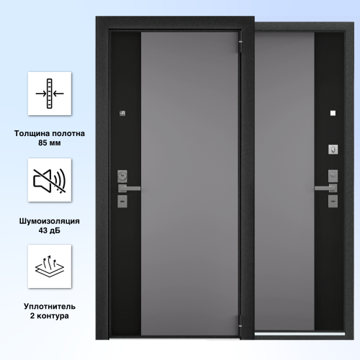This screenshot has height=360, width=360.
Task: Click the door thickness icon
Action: pyautogui.click(x=50, y=94)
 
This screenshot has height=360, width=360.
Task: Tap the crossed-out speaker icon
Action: pyautogui.click(x=50, y=181)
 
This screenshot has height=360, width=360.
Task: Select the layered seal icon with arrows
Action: pyautogui.click(x=50, y=266)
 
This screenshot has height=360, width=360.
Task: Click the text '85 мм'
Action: pyautogui.click(x=50, y=143)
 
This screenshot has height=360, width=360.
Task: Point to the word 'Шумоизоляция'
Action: pyautogui.click(x=50, y=221)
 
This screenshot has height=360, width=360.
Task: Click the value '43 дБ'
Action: pyautogui.click(x=50, y=230)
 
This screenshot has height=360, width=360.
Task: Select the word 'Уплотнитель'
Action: pyautogui.click(x=50, y=307)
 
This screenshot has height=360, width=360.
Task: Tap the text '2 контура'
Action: pyautogui.click(x=50, y=316)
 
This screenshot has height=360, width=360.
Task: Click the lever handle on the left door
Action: pyautogui.click(x=129, y=189)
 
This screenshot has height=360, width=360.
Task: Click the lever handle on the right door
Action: pyautogui.click(x=326, y=188)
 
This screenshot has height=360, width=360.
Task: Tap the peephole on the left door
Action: pyautogui.click(x=122, y=113)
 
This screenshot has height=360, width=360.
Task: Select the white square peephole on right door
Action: pyautogui.click(x=333, y=113)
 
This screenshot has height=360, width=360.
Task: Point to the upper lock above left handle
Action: pyautogui.click(x=122, y=176)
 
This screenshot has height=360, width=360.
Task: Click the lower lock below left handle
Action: pyautogui.click(x=122, y=201)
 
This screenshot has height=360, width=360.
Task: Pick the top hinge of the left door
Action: pyautogui.click(x=240, y=45)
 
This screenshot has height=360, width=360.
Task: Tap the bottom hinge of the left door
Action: pyautogui.click(x=240, y=322)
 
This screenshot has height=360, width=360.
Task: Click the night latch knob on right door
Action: pyautogui.click(x=333, y=150)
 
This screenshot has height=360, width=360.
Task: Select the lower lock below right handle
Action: pyautogui.click(x=333, y=201)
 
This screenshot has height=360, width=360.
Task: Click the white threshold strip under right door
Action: pyautogui.click(x=300, y=334)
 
